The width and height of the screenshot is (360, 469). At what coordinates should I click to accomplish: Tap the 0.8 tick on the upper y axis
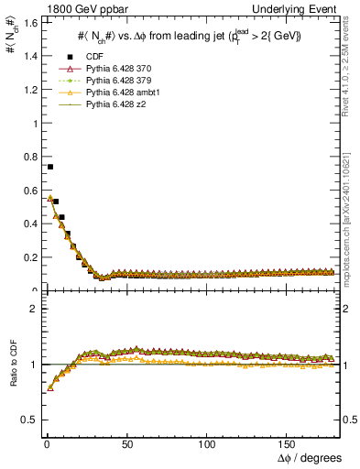pos(27,157)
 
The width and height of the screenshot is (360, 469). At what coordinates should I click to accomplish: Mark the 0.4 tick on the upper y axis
pos(27,224)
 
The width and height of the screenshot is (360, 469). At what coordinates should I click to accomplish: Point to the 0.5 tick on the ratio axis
pos(27,420)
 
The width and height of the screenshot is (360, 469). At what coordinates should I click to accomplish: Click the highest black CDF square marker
pos(49,167)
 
